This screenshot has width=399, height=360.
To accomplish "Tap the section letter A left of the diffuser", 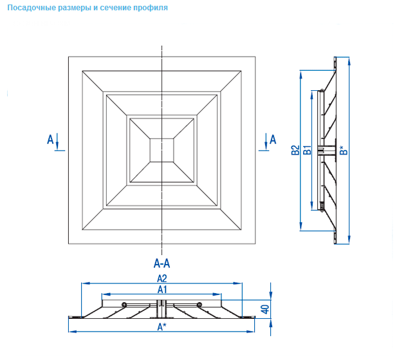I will pos(51,138).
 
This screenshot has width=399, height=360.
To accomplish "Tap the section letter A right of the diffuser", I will pos(272,138).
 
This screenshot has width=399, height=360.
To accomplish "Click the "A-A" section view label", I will pos(162,263).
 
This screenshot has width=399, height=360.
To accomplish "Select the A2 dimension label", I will pos(162,279).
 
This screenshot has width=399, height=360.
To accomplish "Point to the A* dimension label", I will pos(162,327).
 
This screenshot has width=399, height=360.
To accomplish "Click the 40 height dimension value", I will pos(264,308).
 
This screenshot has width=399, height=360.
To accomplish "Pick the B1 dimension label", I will pos(308,150).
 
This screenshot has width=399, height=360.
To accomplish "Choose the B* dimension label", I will pos(345,150).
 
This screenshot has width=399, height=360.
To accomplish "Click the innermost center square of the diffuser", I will pos(162,150).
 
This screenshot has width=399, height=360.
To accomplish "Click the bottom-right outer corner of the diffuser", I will pos(255,244).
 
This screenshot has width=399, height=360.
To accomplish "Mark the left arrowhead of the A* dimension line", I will pos(71,331).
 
